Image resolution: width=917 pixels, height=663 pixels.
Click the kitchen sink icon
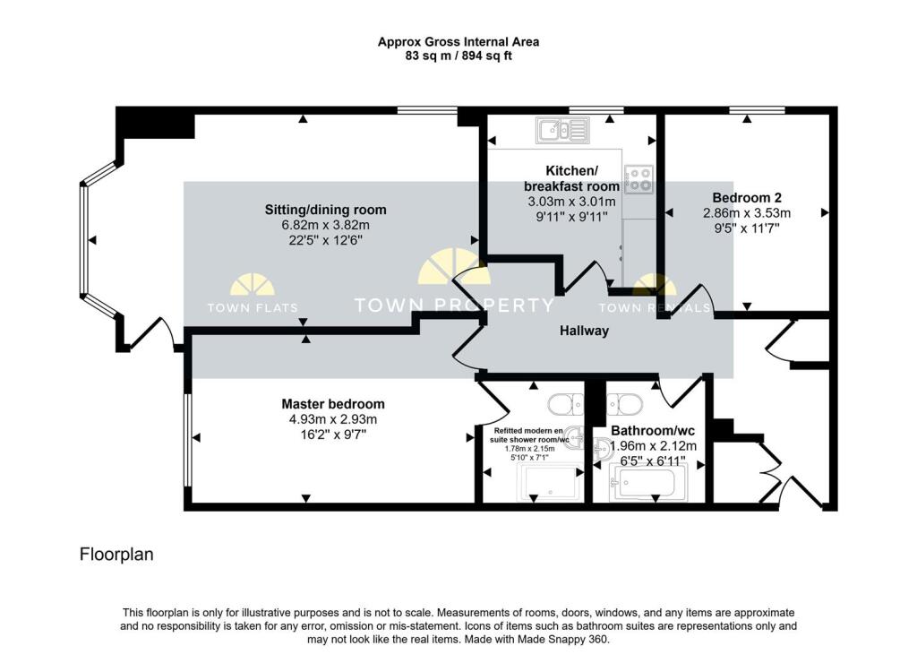tap(562, 130)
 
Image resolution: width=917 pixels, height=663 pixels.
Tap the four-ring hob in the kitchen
tap(638, 180)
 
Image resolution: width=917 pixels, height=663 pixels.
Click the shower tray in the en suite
tap(551, 483)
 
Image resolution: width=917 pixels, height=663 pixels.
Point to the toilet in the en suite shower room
tap(566, 404)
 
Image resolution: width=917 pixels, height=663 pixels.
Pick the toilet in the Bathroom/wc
tap(624, 404)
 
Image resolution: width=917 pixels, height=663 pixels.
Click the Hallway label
tap(584, 331)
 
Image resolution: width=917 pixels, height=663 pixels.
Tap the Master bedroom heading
tap(333, 404)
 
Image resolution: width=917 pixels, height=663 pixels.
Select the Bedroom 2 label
tap(747, 198)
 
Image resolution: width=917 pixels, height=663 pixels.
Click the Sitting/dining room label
tap(326, 210)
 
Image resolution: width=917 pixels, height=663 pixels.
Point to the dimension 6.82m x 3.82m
tap(326, 225)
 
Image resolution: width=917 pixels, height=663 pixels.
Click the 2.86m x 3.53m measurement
tap(747, 213)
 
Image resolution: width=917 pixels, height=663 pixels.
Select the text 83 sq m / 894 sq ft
tap(458, 56)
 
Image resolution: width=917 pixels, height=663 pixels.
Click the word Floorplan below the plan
tap(116, 555)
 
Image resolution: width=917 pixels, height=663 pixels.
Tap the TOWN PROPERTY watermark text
tap(454, 305)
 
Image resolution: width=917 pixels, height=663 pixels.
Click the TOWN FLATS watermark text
tap(253, 307)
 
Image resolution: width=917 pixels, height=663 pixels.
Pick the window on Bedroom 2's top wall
tap(757, 110)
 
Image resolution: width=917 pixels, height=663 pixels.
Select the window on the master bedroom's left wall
tap(187, 440)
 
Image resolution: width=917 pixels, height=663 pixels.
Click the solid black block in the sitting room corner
tap(155, 124)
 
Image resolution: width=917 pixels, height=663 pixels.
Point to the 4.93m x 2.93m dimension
tap(333, 419)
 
